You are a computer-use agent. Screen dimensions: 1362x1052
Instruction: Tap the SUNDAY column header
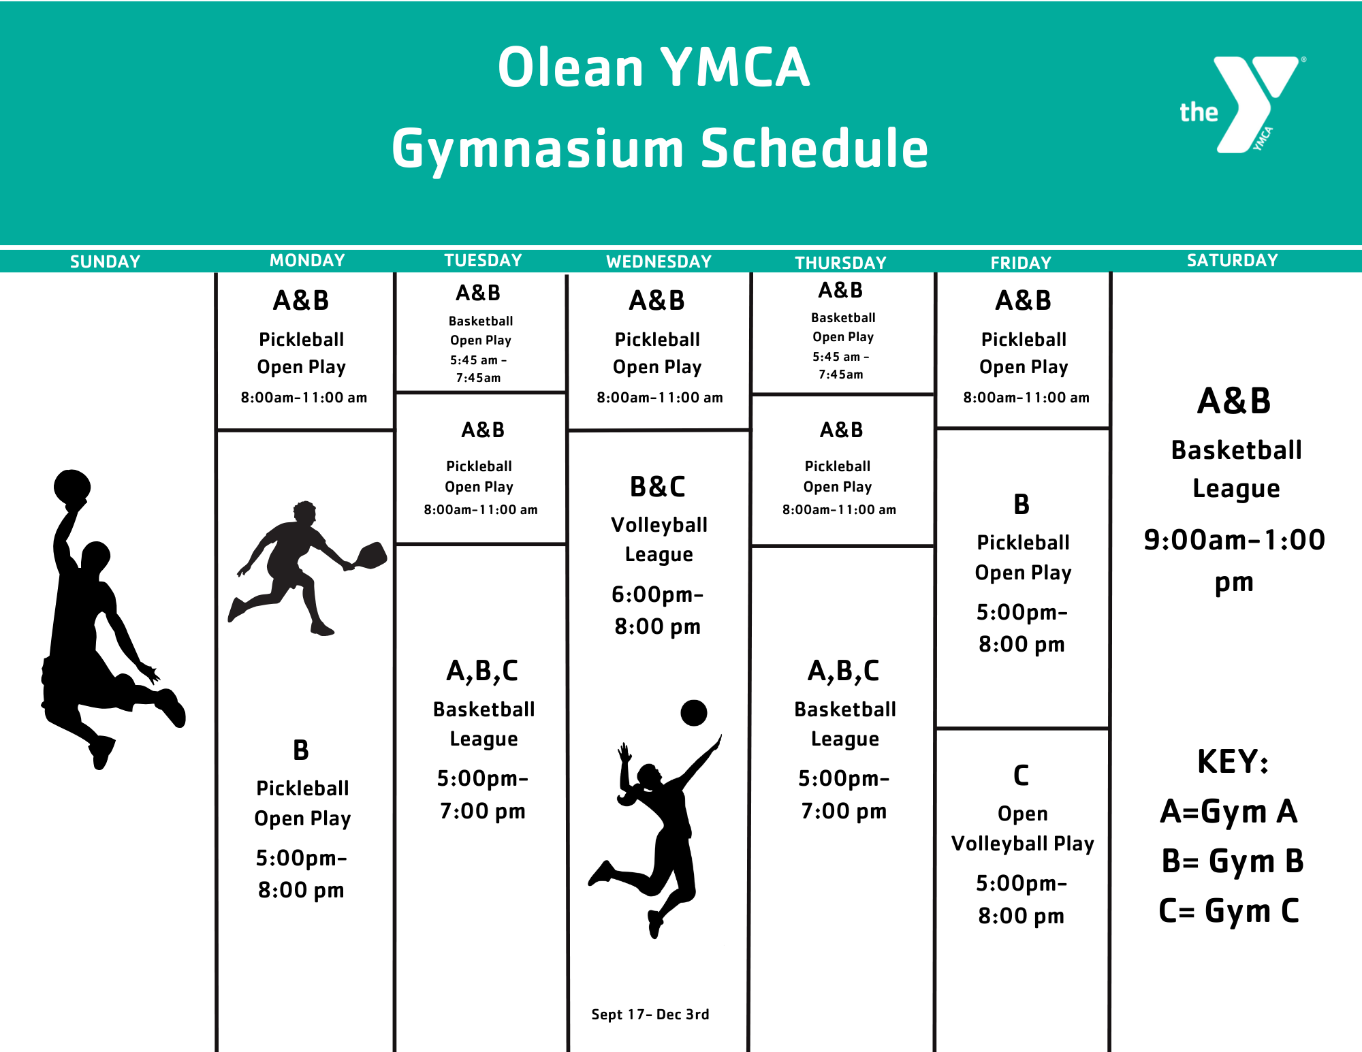[x=105, y=261]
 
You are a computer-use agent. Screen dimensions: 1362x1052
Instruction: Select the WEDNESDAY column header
[x=659, y=261]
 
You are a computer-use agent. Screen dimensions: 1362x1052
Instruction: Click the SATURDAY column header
[x=1232, y=260]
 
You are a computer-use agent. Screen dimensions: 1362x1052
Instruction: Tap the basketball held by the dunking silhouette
[x=72, y=486]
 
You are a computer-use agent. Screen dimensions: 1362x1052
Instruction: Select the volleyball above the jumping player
[x=694, y=713]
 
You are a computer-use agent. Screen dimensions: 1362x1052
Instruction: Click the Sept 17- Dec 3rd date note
[x=650, y=1015]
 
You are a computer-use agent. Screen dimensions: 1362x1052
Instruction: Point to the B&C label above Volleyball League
[x=657, y=487]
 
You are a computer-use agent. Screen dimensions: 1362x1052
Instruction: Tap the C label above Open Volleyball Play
[x=1021, y=776]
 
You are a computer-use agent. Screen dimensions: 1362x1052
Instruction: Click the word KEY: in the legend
[x=1233, y=761]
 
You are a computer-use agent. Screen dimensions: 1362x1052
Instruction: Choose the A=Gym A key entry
[x=1229, y=811]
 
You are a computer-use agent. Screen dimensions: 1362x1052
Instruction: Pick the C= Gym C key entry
[x=1229, y=911]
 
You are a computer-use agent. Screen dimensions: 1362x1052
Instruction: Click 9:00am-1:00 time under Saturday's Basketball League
[x=1234, y=540]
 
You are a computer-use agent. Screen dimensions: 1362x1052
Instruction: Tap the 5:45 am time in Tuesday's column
[x=478, y=360]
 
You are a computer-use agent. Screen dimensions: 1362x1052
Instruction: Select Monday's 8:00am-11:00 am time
[x=304, y=398]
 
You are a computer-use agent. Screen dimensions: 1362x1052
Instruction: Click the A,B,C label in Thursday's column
[x=843, y=671]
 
